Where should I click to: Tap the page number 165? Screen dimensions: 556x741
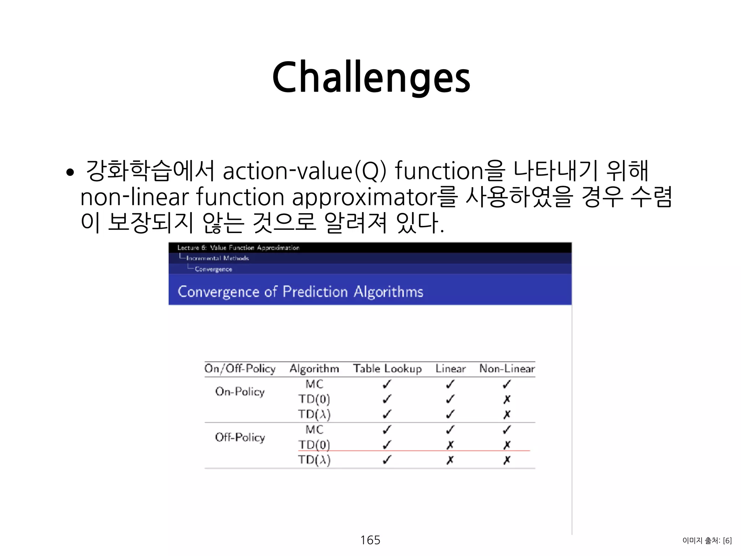click(370, 540)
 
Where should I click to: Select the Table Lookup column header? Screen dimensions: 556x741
click(387, 368)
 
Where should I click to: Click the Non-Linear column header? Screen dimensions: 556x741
click(507, 368)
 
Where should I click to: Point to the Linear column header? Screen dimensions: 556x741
click(450, 368)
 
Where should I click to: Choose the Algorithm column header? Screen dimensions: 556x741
click(314, 368)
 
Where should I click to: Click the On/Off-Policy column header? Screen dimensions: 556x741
click(240, 368)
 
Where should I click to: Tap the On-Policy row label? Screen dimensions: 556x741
click(240, 391)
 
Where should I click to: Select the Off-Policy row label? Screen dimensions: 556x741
click(240, 437)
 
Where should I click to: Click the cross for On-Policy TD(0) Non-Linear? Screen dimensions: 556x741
click(507, 399)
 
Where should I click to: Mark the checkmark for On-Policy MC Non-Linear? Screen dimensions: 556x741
click(507, 384)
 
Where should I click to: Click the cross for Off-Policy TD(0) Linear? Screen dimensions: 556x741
click(450, 445)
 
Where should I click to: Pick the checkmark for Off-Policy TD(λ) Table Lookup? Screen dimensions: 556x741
click(387, 460)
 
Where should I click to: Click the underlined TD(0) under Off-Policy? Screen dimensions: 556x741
click(314, 445)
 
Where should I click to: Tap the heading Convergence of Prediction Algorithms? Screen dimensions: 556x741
click(300, 292)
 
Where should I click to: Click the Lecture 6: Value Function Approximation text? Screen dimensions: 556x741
click(238, 248)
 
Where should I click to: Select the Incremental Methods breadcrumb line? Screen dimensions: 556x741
click(217, 258)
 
